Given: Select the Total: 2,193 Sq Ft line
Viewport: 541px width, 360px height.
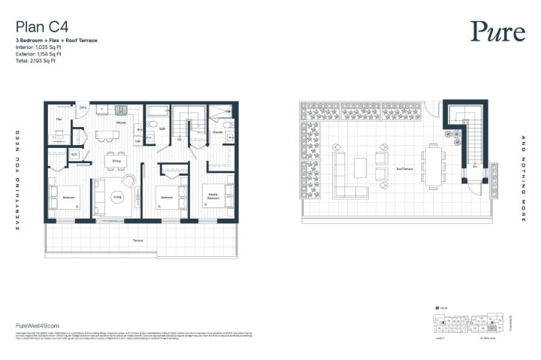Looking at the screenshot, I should [x=35, y=61].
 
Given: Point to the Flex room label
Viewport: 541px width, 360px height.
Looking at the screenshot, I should [x=58, y=119].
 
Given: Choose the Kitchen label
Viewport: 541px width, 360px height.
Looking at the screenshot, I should [x=120, y=122].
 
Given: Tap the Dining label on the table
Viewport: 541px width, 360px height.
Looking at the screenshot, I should [x=116, y=161].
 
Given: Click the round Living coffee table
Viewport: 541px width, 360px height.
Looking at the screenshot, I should [x=117, y=197].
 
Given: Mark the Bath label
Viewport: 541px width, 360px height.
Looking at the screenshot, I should [x=162, y=129].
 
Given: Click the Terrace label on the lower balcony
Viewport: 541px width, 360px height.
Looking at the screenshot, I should [x=138, y=240].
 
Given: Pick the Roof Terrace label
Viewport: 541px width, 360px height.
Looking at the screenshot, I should [x=407, y=169].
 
